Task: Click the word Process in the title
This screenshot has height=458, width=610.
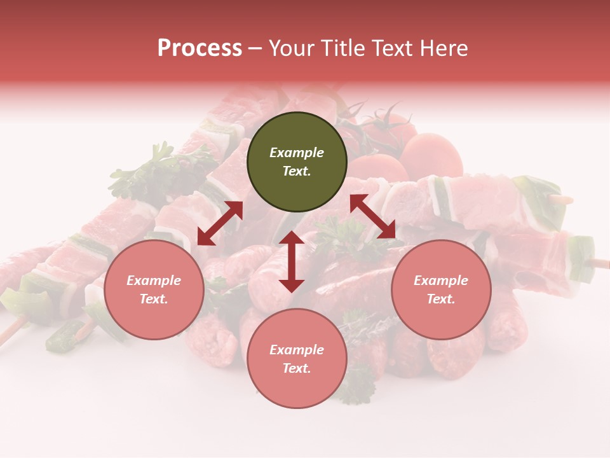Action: coord(200,48)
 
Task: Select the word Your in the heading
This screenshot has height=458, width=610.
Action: coord(289,48)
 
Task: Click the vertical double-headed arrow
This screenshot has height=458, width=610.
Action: coord(292,261)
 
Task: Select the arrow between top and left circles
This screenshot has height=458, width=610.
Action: coord(220,223)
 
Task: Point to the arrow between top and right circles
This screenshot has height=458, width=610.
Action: coord(372,217)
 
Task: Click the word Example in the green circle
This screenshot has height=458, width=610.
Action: coord(297,153)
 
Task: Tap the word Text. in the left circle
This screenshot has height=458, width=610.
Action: coord(154,299)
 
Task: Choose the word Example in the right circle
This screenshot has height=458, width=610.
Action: coord(441,281)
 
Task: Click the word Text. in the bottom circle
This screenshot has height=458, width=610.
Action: coord(297,368)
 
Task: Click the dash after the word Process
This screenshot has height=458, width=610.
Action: coord(255,48)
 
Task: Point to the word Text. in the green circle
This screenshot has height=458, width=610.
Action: coord(297,171)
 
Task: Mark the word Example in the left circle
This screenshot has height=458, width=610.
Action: coord(154,281)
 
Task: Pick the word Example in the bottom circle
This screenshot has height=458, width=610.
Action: coord(297,350)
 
